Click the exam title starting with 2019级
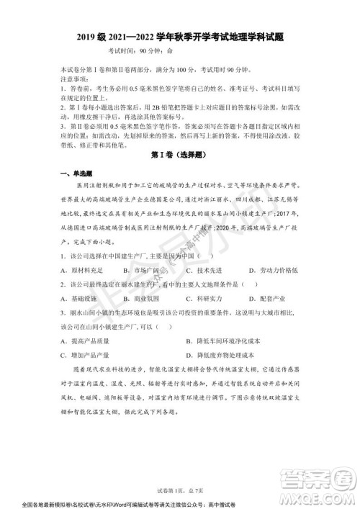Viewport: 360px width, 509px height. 180,37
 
